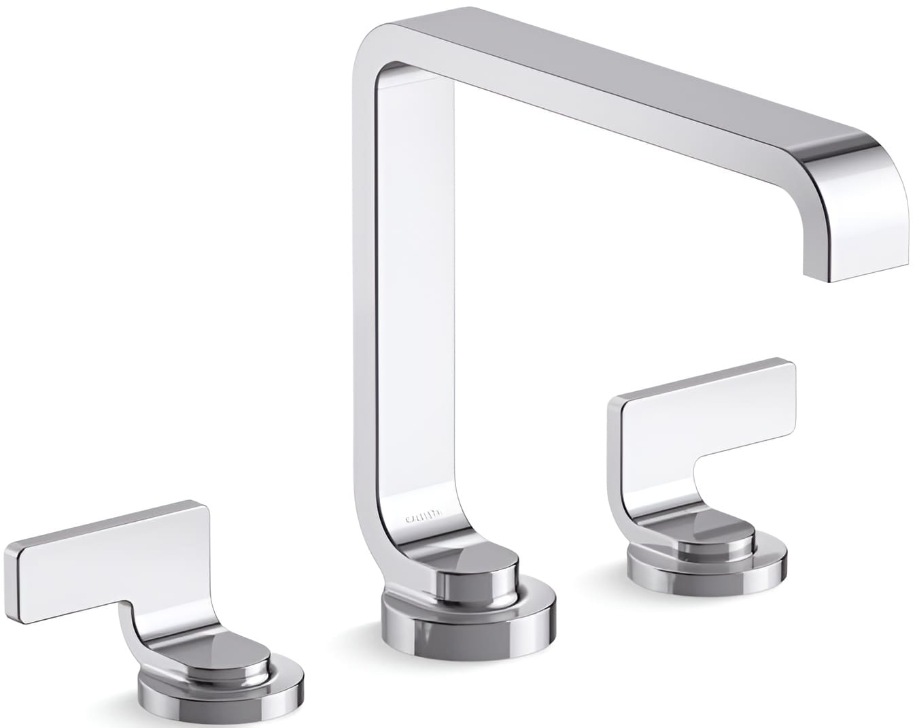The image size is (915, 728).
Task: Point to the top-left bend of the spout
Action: click(x=381, y=41)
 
